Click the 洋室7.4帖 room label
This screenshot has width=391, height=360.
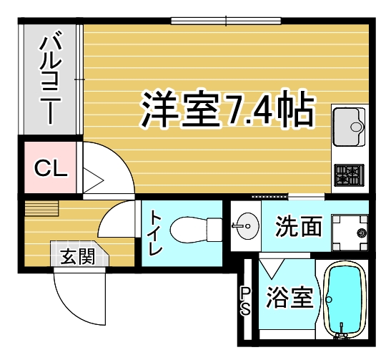227,109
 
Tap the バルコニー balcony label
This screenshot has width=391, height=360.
51,79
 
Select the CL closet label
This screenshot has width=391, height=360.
51,169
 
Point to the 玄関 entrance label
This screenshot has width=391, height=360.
78,255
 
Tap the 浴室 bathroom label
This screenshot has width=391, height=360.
290,296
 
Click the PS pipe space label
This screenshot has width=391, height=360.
245,301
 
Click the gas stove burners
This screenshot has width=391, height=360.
350,174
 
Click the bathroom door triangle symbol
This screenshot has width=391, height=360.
271,268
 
